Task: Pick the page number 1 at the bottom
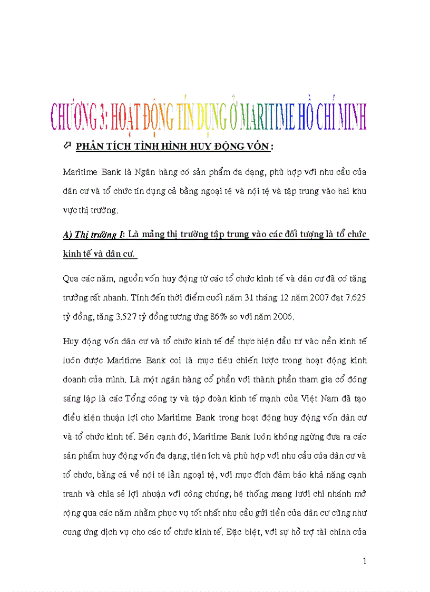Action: pyautogui.click(x=364, y=561)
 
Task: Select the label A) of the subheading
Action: pyautogui.click(x=67, y=235)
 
